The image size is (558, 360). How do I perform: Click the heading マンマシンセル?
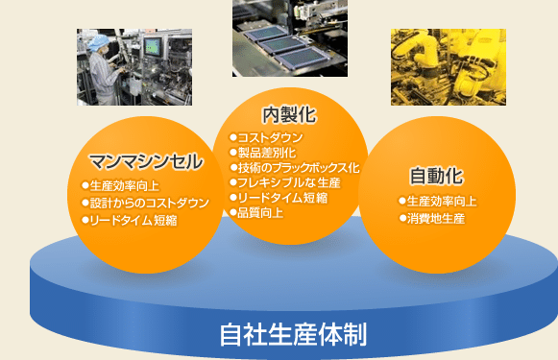[x=145, y=160]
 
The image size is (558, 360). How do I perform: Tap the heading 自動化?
[x=436, y=176]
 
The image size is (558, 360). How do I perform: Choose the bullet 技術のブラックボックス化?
[x=295, y=167]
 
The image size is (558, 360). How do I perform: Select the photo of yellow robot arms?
[x=434, y=66]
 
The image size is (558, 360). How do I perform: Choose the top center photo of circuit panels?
[x=289, y=38]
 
